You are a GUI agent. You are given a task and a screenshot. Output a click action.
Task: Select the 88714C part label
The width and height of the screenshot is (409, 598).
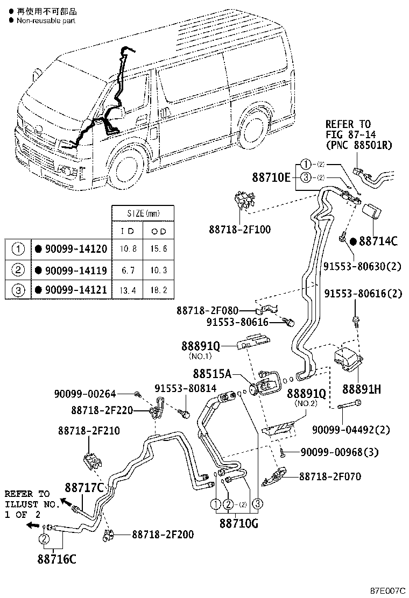[378, 241]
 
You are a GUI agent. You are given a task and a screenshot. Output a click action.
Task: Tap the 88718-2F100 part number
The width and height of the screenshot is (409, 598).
[240, 230]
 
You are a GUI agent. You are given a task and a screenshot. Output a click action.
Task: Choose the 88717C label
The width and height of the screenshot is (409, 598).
[84, 488]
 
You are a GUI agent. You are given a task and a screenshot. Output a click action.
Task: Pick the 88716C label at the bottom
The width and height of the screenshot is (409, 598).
[57, 559]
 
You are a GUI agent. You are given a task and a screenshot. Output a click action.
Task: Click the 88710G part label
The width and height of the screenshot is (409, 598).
[238, 522]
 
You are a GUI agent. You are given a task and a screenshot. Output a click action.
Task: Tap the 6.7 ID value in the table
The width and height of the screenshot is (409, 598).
[126, 269]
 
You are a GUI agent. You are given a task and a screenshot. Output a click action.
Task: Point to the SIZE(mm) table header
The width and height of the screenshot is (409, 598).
[143, 213]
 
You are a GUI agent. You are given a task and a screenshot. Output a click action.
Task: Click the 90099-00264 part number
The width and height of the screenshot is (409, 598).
[85, 395]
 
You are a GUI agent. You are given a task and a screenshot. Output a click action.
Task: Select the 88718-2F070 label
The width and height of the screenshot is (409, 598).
[330, 476]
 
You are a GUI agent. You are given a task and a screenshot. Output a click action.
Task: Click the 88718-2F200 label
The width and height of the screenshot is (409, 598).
[163, 535]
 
